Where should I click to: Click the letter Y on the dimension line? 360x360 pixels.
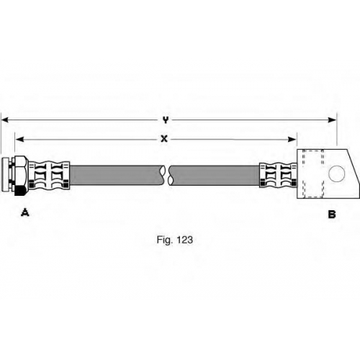click(x=166, y=120)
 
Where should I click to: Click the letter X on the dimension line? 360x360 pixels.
click(x=164, y=139)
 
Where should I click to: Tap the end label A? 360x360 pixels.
click(x=25, y=212)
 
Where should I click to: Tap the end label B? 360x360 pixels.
click(x=332, y=214)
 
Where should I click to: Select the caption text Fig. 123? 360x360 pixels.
click(x=175, y=240)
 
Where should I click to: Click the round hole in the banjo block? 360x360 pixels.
click(x=336, y=174)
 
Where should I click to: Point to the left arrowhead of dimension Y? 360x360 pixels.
click(x=5, y=120)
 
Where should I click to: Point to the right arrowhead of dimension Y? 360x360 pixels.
click(x=333, y=120)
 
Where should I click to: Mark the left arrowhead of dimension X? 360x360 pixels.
click(x=19, y=139)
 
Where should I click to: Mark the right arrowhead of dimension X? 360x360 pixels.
click(x=292, y=139)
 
